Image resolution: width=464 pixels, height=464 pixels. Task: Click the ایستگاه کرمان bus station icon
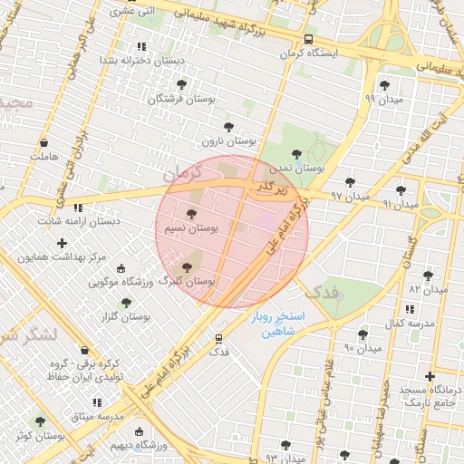click(x=309, y=40)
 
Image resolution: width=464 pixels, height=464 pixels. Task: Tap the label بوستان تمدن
click(x=302, y=169)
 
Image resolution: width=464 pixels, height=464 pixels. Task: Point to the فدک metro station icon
click(x=218, y=338)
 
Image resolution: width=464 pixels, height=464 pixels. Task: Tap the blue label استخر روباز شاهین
click(x=278, y=324)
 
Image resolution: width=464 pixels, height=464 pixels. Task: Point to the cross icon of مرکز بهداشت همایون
click(x=62, y=243)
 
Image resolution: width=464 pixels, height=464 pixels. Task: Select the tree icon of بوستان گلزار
click(x=126, y=303)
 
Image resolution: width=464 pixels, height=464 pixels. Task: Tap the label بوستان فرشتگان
click(x=178, y=98)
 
